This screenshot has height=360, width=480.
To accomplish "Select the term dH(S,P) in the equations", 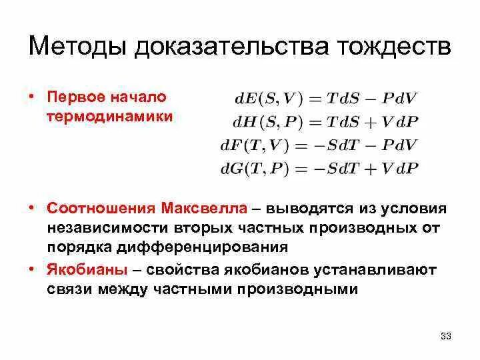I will (x=266, y=121).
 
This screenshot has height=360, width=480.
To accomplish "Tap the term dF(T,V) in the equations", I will (x=257, y=144).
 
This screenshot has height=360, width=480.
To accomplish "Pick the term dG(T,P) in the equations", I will (x=257, y=167).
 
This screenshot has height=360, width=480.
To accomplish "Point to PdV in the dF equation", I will (x=399, y=144).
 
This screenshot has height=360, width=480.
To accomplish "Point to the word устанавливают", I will (x=376, y=271).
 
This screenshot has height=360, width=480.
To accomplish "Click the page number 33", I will (x=446, y=336).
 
